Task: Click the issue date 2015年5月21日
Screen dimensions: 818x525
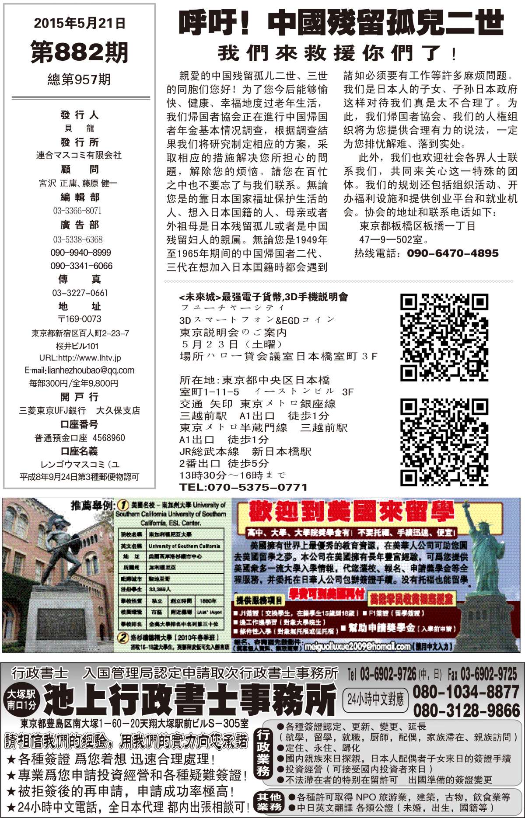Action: coord(79,23)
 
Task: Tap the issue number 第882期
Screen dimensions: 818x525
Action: coord(79,52)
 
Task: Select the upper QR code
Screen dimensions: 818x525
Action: coord(444,337)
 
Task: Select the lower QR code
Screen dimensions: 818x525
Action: coord(444,442)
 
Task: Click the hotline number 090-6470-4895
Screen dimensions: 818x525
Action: coord(452,253)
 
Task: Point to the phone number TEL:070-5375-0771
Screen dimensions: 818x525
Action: coord(243,487)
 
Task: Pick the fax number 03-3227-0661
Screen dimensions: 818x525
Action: coord(80,293)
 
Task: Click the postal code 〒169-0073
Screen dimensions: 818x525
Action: coord(79,319)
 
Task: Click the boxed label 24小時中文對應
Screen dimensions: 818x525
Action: coord(375,700)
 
